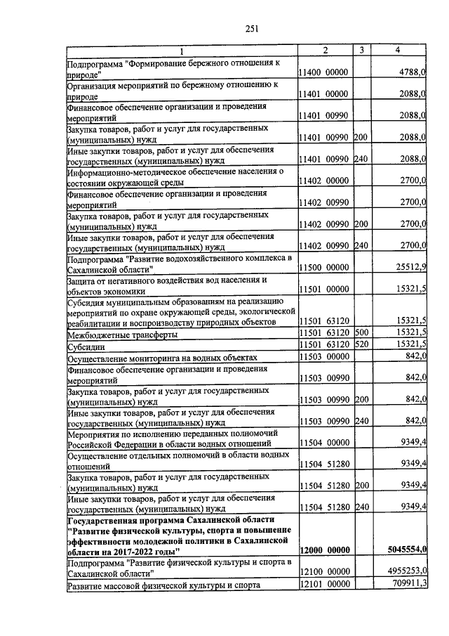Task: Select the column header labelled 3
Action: pos(361,50)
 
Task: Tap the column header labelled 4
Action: pos(398,50)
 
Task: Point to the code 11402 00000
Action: pos(323,181)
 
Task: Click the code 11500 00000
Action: pos(323,268)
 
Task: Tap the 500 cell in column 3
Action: pos(361,332)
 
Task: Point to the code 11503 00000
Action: pos(323,357)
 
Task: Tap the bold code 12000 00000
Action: pos(323,550)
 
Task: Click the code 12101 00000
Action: pos(323,584)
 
